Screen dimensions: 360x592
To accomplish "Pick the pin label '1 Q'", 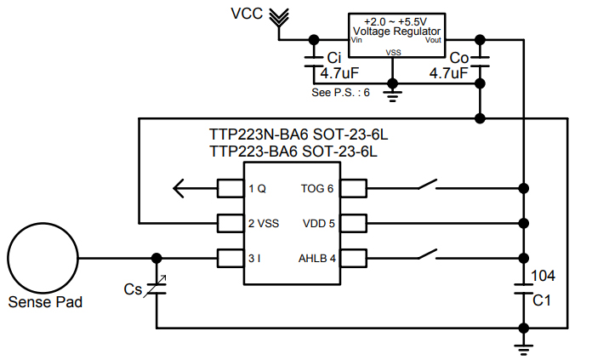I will tap(257, 188).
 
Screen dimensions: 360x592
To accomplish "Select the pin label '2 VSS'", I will tap(264, 223).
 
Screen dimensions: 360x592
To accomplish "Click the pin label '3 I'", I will tap(254, 258).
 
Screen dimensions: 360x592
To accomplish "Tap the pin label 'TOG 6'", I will tap(316, 188).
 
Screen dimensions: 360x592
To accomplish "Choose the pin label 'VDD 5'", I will tap(318, 223).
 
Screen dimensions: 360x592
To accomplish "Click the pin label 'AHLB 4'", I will tap(316, 258).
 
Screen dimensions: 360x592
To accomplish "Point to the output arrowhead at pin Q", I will tap(179, 188).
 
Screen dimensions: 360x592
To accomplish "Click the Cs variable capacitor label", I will tap(133, 289).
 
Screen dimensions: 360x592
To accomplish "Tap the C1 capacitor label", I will tap(543, 300).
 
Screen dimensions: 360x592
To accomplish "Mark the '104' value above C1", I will tap(544, 276).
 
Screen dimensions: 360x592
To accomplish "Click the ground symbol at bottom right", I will tap(524, 344).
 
